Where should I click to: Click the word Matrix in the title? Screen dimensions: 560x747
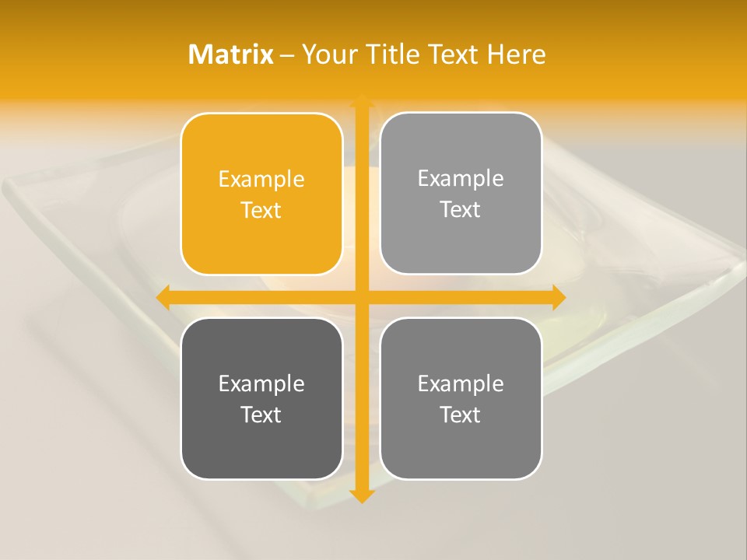tap(231, 54)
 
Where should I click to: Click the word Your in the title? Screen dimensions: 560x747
tap(329, 54)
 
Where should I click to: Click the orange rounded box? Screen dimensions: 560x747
tap(261, 194)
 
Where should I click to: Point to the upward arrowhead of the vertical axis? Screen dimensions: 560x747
tap(362, 102)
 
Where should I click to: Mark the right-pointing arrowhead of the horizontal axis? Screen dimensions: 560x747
tap(558, 297)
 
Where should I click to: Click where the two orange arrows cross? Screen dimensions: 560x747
tap(362, 297)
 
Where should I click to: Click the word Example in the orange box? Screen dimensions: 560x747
tap(261, 180)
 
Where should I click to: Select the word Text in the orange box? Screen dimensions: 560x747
tap(261, 211)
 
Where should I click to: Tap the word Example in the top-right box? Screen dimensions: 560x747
tap(461, 179)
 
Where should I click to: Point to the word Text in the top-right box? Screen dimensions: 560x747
tap(461, 210)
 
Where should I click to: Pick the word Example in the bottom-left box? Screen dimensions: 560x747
tap(261, 384)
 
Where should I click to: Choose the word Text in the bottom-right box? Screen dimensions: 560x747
tap(461, 415)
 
